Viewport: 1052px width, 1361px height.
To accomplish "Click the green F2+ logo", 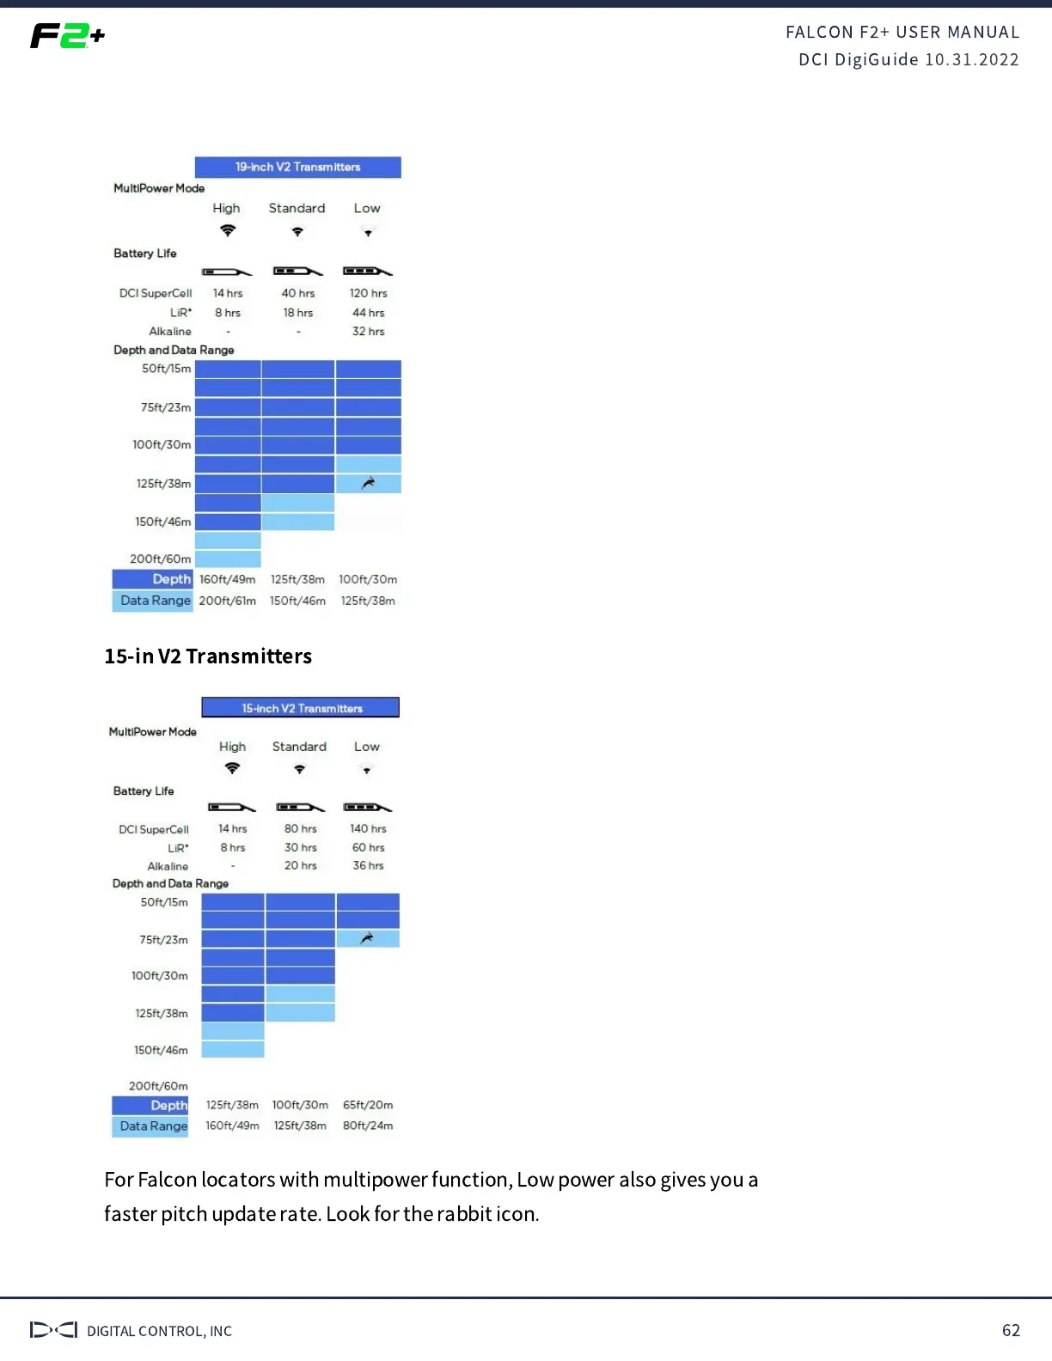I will (x=67, y=36).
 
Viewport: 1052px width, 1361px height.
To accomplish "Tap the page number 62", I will (x=1011, y=1330).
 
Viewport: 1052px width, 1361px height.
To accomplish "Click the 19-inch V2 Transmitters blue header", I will (x=297, y=167).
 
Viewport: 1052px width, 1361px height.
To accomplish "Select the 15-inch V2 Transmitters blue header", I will (x=301, y=708).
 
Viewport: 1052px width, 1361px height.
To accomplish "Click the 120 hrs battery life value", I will (x=368, y=293).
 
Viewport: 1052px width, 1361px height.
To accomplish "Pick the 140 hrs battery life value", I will (x=368, y=828).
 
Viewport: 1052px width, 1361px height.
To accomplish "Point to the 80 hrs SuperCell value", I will (x=301, y=828).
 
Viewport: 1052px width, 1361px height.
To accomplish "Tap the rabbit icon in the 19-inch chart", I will (x=368, y=483).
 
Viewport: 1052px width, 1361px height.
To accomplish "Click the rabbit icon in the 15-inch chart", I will (x=367, y=938).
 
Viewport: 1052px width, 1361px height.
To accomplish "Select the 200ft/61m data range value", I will (x=227, y=601).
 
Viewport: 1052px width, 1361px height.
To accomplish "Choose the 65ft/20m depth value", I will (x=368, y=1105).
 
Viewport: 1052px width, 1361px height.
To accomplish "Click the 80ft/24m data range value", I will (x=368, y=1126).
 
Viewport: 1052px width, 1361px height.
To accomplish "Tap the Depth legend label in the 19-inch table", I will (x=171, y=579).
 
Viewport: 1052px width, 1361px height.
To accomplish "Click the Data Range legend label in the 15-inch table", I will (x=153, y=1126).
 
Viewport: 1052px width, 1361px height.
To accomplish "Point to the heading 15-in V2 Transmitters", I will (x=208, y=656).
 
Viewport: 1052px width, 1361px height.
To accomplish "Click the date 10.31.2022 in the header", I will (x=971, y=59).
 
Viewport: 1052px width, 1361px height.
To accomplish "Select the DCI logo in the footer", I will (x=53, y=1330).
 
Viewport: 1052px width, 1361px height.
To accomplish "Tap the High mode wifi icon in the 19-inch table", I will (x=227, y=230).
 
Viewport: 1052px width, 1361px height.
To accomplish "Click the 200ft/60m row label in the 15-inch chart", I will (x=158, y=1086).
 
